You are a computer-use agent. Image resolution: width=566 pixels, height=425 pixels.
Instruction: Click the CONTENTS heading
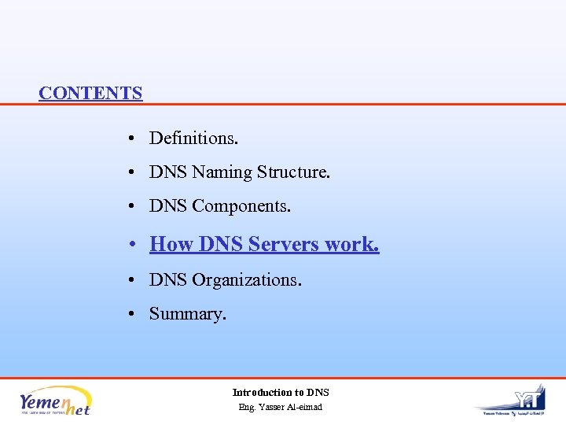pos(90,93)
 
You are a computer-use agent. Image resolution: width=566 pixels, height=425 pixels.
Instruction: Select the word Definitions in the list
pos(193,139)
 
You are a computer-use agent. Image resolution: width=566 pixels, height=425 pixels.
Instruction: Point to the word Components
pos(241,207)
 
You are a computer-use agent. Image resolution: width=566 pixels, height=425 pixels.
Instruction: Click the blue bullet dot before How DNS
pos(135,246)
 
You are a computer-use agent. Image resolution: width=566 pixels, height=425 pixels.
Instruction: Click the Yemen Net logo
pos(56,400)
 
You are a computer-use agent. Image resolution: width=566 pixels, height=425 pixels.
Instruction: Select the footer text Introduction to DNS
pos(281,392)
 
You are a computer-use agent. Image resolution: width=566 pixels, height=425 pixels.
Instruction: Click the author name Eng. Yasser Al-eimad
pos(281,407)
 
